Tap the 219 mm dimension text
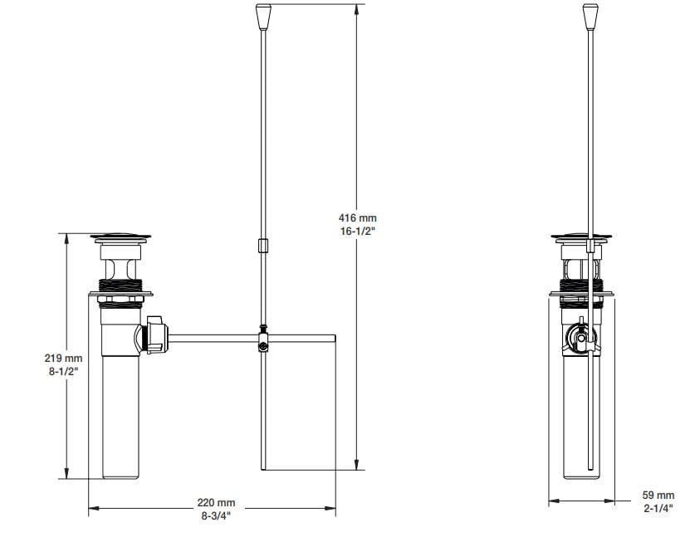[x=63, y=358]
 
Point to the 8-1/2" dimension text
[x=63, y=372]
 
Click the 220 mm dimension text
[x=216, y=502]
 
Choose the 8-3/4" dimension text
[x=216, y=515]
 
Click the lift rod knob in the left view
[x=262, y=17]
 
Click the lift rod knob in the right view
[x=590, y=17]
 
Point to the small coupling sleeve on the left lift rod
[x=262, y=246]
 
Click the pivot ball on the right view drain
[x=580, y=338]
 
